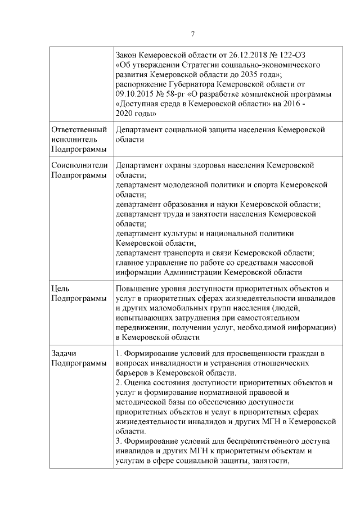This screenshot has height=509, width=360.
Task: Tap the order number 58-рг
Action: tap(180, 93)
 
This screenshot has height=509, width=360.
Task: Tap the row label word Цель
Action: tap(60, 289)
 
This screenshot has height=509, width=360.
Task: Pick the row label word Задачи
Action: tap(64, 353)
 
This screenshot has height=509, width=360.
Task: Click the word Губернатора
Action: tap(184, 84)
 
